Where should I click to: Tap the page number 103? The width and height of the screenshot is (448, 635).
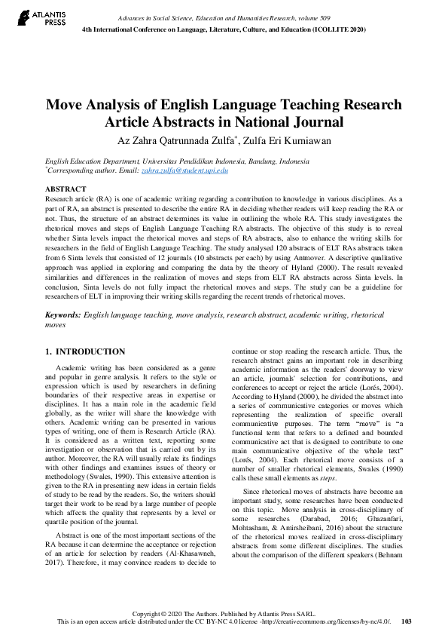coord(407,621)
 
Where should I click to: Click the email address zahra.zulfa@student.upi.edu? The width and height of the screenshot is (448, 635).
coord(196,171)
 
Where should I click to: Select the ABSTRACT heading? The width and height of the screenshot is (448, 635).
coord(66,189)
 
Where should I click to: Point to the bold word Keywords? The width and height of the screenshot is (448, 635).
coord(63,312)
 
